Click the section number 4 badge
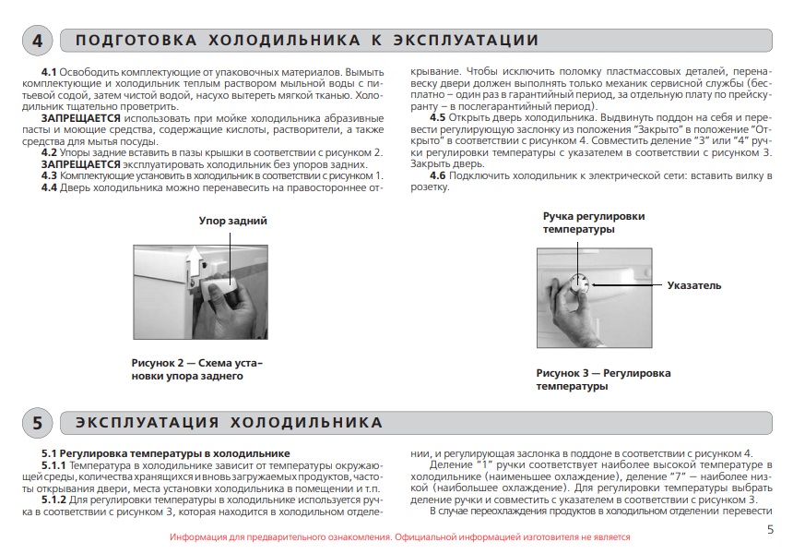click(37, 42)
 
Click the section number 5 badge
click(37, 423)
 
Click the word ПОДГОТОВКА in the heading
click(136, 41)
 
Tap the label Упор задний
click(233, 221)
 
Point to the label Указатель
click(693, 285)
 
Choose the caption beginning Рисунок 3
click(603, 379)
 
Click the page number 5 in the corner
click(770, 529)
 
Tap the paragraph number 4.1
click(49, 71)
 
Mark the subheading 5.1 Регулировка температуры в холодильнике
click(166, 453)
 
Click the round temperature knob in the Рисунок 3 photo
click(580, 283)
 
